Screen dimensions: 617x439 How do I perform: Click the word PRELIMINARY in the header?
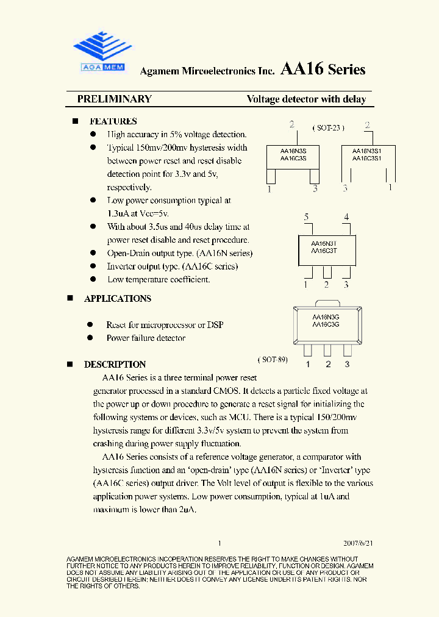click(x=114, y=99)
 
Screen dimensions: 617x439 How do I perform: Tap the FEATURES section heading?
click(x=113, y=121)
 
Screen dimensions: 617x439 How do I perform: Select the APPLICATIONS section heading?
click(x=117, y=299)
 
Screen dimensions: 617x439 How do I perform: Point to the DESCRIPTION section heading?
click(x=115, y=365)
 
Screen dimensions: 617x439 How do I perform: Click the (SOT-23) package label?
click(x=328, y=128)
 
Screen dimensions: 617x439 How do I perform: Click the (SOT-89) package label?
click(x=273, y=360)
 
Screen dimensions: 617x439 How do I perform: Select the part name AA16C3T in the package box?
click(x=324, y=251)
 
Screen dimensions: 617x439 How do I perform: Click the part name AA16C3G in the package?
click(x=326, y=325)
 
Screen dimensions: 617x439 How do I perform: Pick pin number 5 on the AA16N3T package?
click(x=307, y=217)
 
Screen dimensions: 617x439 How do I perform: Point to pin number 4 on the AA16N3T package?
click(x=346, y=217)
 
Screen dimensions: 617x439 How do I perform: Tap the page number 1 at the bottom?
click(x=220, y=543)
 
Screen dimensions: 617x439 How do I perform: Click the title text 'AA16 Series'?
click(x=323, y=70)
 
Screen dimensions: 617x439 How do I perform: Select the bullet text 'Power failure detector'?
click(x=146, y=338)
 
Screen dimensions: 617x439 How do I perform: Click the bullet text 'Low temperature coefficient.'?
click(x=159, y=280)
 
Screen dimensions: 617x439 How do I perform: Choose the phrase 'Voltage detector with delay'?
click(x=306, y=99)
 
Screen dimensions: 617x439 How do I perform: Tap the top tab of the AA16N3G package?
click(x=327, y=303)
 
